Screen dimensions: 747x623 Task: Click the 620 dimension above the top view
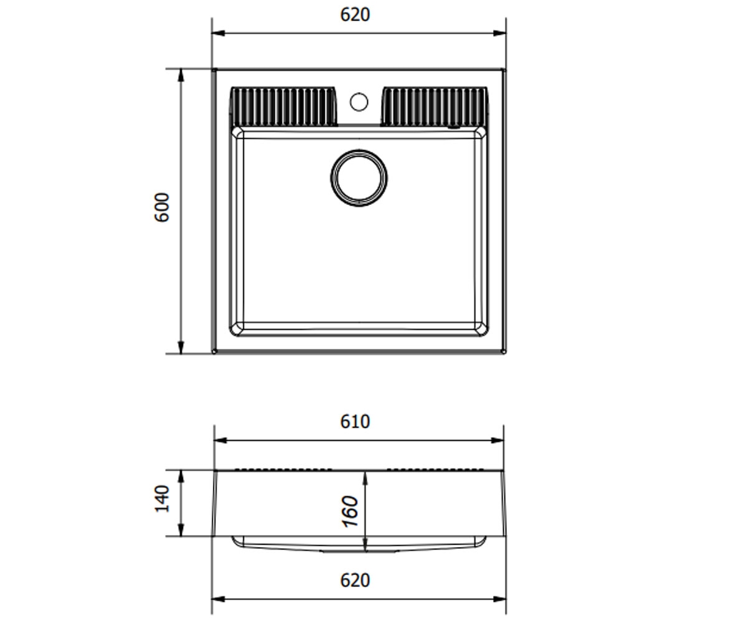click(x=355, y=15)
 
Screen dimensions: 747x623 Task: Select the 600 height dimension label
click(x=162, y=207)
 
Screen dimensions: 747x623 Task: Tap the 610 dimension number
click(x=355, y=422)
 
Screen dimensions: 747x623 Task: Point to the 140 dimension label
click(x=162, y=499)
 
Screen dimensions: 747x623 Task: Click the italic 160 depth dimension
click(x=350, y=511)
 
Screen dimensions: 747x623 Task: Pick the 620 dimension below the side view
click(x=355, y=581)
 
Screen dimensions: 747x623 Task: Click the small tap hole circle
click(x=359, y=102)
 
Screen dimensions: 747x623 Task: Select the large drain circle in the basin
click(x=359, y=178)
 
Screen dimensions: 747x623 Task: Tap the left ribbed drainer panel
click(x=283, y=107)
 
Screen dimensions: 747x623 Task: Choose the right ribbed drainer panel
click(x=435, y=107)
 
